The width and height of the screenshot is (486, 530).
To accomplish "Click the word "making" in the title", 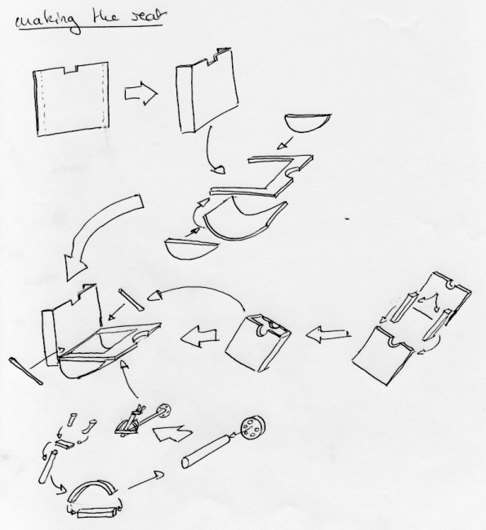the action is tap(47, 22).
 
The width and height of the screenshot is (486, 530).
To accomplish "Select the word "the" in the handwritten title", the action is tap(105, 16).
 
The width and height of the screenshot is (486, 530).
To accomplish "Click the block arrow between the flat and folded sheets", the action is tap(140, 93).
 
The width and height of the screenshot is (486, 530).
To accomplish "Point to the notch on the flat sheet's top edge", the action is tap(71, 68).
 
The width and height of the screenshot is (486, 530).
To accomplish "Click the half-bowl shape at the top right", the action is tap(307, 122).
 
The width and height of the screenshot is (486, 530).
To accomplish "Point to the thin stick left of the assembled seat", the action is tap(25, 371).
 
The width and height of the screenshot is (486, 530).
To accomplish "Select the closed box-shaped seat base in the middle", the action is tap(258, 342).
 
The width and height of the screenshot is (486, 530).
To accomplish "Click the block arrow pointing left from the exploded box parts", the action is tap(328, 334).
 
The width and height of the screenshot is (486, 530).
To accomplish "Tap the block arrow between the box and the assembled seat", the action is tap(199, 338).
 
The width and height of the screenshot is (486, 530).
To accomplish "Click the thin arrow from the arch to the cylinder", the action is tap(145, 480).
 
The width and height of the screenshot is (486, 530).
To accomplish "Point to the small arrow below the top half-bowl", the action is tap(285, 143).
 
